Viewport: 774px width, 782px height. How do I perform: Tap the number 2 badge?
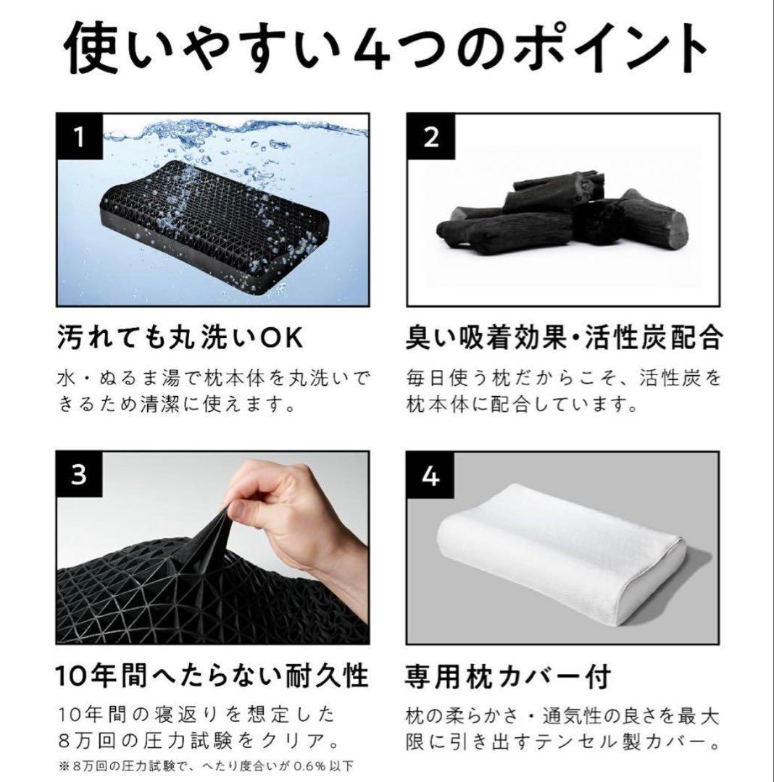click(x=431, y=138)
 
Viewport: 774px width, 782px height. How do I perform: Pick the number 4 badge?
click(x=431, y=476)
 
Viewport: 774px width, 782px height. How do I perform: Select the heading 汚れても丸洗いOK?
click(x=178, y=337)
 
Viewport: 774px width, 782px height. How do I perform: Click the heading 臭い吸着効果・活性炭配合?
click(x=563, y=337)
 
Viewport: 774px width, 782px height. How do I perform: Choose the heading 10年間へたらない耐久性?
click(x=212, y=677)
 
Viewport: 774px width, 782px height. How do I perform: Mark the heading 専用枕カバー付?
click(x=507, y=677)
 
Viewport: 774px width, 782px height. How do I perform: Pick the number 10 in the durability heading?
click(x=72, y=678)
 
